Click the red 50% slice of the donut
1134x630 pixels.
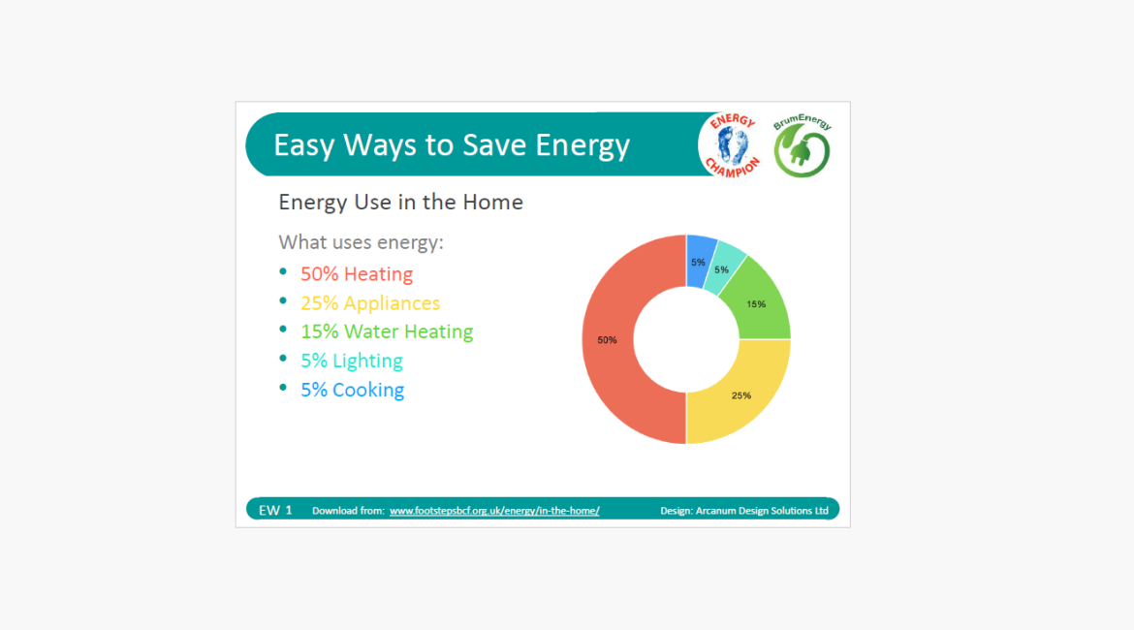point(608,339)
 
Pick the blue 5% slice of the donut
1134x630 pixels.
point(699,261)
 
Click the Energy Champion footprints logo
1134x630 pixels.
point(732,144)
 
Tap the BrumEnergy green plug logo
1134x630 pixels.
point(803,146)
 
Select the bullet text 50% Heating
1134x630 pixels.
point(357,274)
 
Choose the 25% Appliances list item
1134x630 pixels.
point(370,303)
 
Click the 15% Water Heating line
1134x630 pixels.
point(387,331)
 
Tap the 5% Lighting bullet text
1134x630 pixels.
point(352,361)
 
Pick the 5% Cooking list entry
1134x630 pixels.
point(352,389)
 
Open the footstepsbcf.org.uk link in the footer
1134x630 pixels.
point(494,511)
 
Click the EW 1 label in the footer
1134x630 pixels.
point(275,511)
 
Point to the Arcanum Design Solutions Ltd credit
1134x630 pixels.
point(762,511)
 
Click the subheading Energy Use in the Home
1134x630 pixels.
point(400,202)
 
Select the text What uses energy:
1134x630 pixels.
point(361,242)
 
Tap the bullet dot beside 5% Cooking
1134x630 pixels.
point(283,387)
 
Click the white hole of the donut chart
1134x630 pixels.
point(686,339)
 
